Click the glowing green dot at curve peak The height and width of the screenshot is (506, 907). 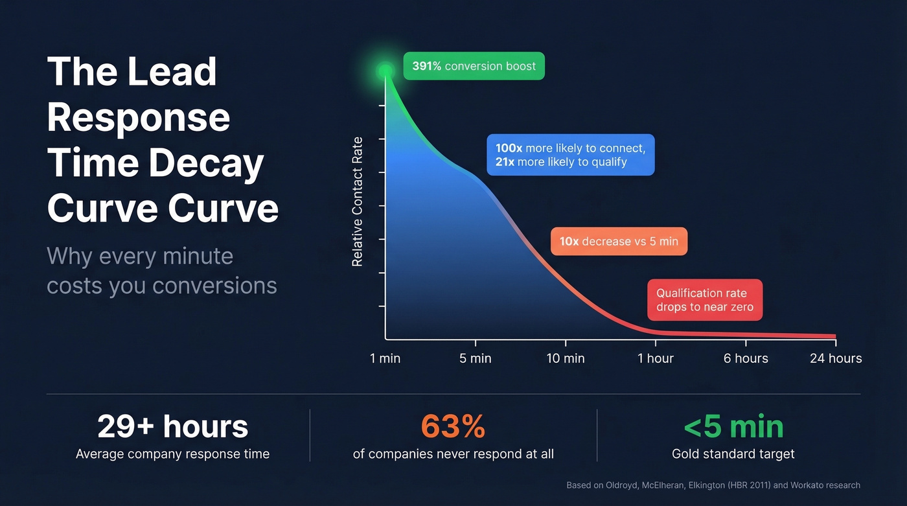[x=385, y=71]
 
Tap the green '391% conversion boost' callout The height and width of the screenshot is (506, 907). [x=474, y=66]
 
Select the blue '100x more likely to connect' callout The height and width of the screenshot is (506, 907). [x=570, y=155]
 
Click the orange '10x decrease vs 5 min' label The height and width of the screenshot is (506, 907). [x=619, y=241]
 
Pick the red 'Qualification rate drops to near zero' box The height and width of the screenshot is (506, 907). [x=705, y=300]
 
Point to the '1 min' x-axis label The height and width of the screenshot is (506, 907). [x=385, y=358]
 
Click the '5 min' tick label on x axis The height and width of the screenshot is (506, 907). [x=476, y=358]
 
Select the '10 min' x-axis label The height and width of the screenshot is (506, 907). [x=566, y=358]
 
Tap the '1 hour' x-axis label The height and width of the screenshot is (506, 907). [x=656, y=358]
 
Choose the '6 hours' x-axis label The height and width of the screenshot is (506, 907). [x=746, y=358]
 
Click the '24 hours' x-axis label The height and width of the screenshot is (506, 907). [x=836, y=358]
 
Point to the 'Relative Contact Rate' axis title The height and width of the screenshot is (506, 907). [x=357, y=202]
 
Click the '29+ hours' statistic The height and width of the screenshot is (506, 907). [x=172, y=427]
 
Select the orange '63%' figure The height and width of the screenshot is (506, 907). [x=453, y=427]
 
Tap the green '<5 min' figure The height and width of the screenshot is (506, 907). [x=733, y=427]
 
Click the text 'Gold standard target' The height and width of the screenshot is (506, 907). [x=733, y=454]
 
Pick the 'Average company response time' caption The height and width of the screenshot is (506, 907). [x=172, y=454]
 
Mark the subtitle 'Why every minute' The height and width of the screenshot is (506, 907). [x=140, y=256]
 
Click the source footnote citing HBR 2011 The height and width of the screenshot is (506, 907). [x=713, y=485]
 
